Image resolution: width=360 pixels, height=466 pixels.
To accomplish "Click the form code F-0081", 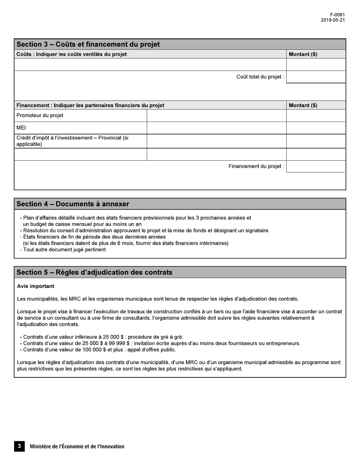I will tap(337, 15).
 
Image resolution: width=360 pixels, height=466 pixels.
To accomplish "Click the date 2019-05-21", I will tap(333, 20).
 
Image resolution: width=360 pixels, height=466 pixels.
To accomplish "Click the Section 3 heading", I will tap(88, 44).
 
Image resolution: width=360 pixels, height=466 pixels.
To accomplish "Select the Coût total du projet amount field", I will tap(316, 77).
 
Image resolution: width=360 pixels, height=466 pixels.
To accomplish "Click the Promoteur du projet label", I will tap(40, 116).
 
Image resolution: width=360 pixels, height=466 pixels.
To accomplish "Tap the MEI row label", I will tap(21, 128).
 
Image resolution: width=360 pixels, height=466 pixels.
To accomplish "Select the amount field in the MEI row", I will tap(316, 128).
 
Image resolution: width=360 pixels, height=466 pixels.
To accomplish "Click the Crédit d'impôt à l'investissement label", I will tap(72, 141).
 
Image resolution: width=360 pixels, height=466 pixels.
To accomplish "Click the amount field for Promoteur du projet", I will tap(316, 116).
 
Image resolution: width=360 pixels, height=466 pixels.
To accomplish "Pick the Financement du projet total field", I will tap(316, 166).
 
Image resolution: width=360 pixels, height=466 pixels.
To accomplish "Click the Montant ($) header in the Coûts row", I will tap(303, 54).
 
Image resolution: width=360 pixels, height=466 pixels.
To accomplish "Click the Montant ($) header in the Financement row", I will tap(303, 105).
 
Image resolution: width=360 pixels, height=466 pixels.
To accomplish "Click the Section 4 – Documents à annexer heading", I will tap(73, 204).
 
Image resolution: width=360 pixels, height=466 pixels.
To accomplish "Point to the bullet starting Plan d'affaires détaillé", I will tap(136, 218).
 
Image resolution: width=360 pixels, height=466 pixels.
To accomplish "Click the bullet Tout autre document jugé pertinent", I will tap(64, 250).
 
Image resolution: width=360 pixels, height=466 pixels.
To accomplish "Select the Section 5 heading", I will tap(94, 272).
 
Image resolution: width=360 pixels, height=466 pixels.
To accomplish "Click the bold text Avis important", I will tap(36, 286).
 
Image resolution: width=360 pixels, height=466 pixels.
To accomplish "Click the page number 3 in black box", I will tap(19, 446).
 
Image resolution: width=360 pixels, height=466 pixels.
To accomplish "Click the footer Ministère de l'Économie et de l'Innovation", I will tap(77, 447).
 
